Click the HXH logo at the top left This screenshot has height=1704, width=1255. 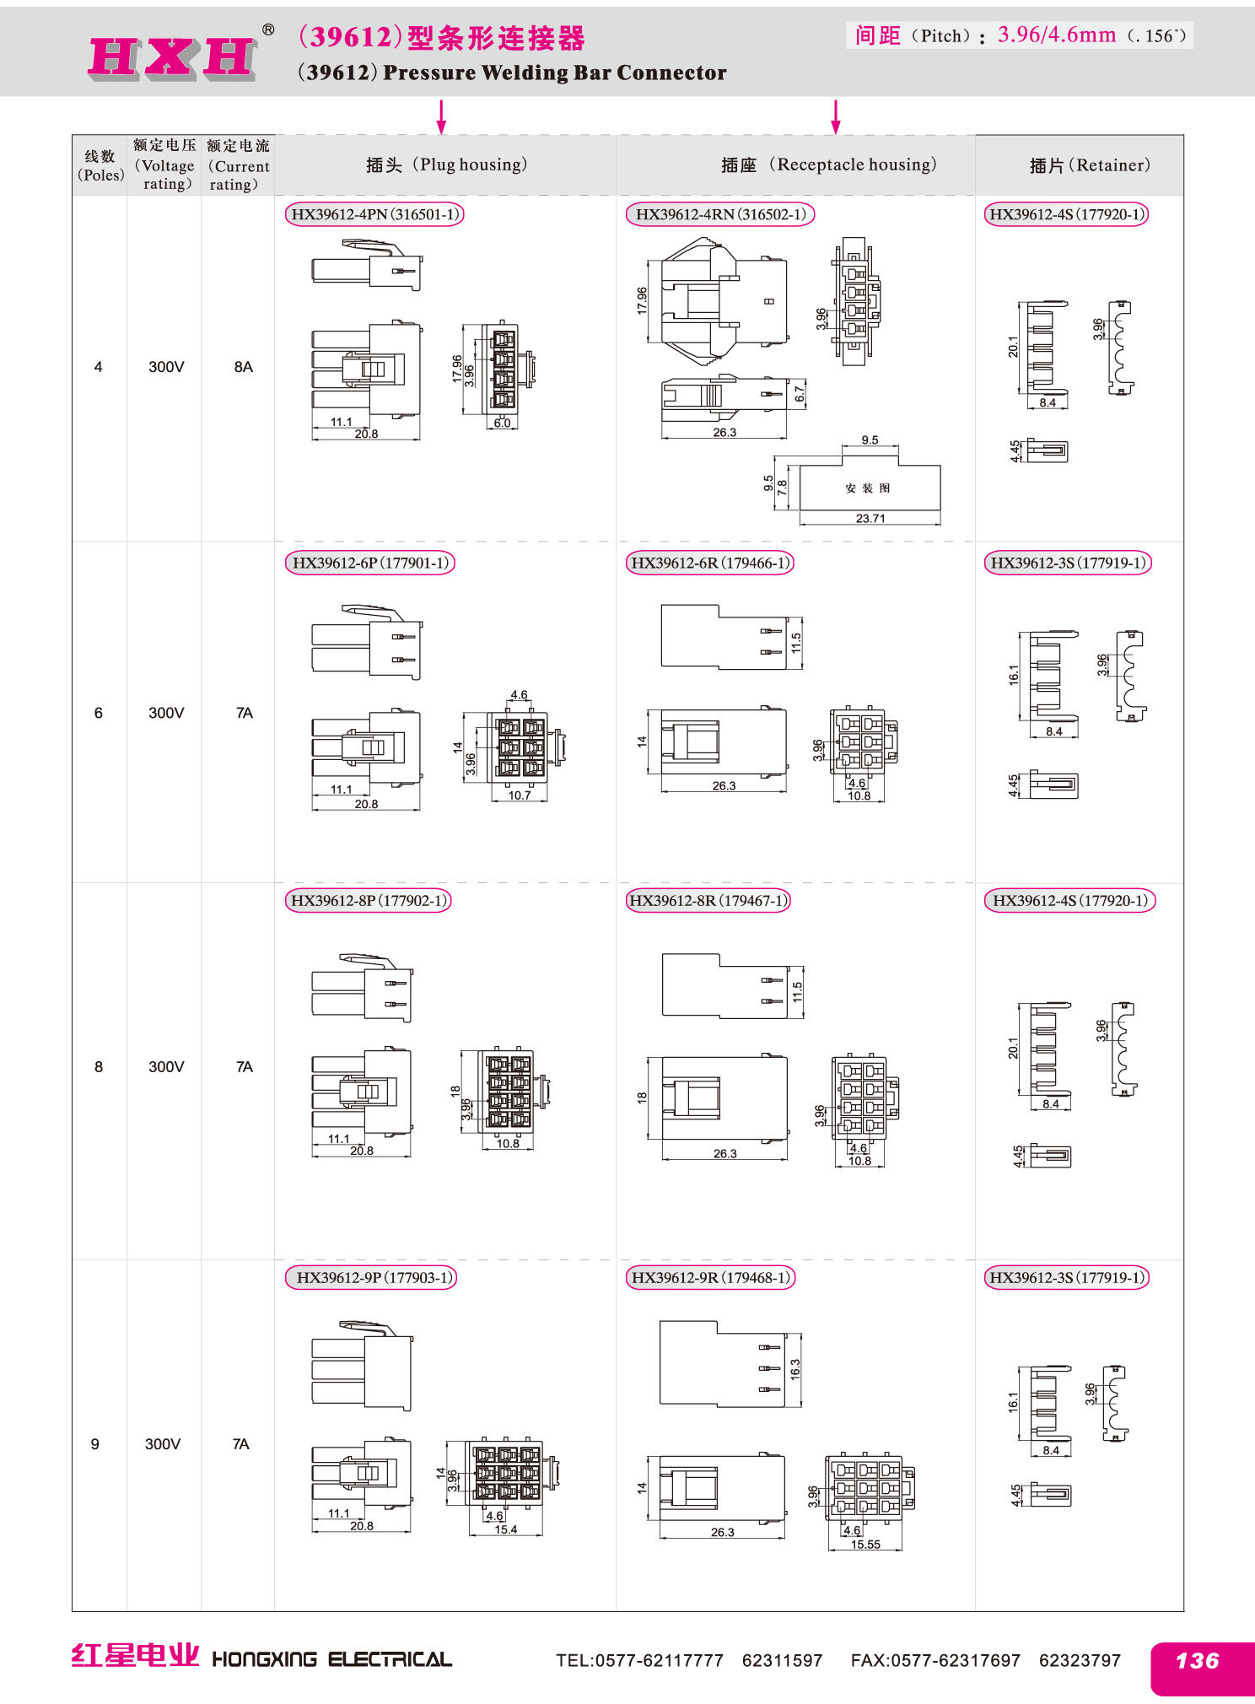pos(172,57)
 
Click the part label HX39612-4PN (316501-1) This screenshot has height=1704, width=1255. pos(374,214)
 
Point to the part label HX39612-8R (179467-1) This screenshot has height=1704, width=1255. pos(708,900)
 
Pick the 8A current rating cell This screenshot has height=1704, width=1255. pos(244,367)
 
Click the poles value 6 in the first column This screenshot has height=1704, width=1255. pos(99,713)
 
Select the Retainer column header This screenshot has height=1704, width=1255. pos(1090,165)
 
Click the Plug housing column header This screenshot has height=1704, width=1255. pos(447,164)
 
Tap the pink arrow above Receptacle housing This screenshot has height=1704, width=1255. pos(835,117)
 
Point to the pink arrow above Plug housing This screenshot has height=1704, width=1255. pos(441,117)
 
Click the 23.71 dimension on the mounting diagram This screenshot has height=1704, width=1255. pos(870,518)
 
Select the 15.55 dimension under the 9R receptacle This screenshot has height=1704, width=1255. pos(865,1545)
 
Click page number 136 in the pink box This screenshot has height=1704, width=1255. pos(1198,1661)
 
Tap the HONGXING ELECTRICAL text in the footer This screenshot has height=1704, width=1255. pos(331,1660)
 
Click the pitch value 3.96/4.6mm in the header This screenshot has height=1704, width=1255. pos(1057,35)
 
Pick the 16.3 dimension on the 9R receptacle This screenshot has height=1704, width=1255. pos(794,1369)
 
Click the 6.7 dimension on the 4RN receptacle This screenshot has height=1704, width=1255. pos(800,394)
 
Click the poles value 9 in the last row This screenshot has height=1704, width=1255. pos(95,1444)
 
